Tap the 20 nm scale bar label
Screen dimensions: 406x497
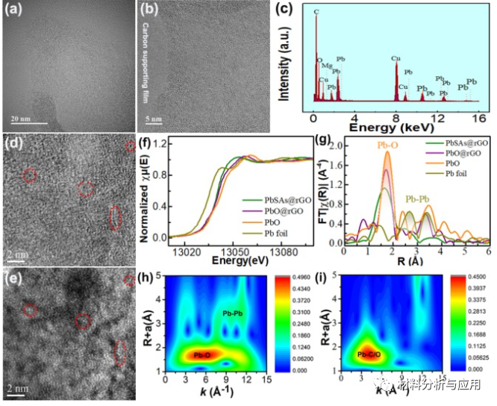(24, 118)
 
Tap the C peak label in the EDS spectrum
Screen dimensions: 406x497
(316, 13)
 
